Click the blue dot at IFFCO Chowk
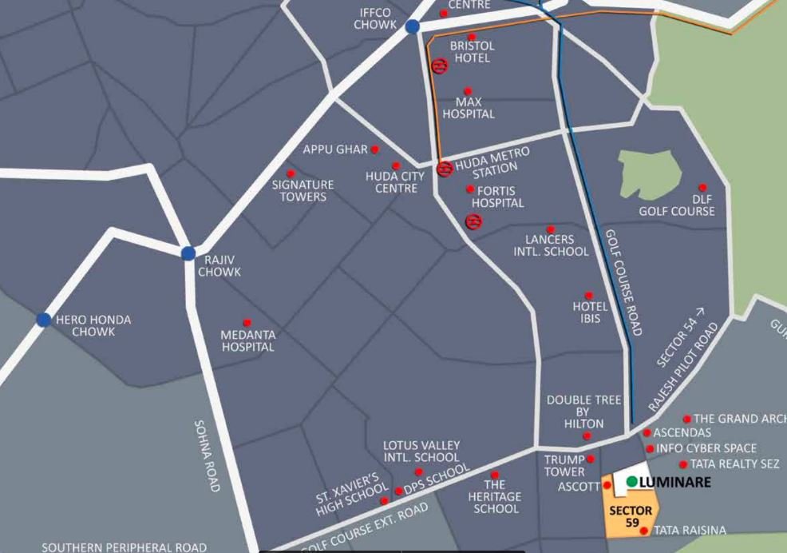412,27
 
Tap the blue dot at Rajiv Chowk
188,254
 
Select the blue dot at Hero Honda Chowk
44,320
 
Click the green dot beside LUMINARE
631,482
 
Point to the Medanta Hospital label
247,341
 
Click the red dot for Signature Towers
291,173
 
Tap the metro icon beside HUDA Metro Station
445,169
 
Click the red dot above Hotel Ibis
589,296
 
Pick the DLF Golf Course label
677,205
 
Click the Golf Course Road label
623,283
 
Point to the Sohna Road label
207,456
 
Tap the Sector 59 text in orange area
631,516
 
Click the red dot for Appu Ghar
375,149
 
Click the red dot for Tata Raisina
644,531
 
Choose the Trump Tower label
565,466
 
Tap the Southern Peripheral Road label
124,547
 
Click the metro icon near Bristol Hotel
438,66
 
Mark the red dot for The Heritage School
495,475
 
